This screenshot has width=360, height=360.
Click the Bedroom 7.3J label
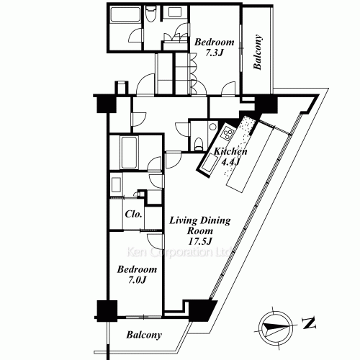point(212,48)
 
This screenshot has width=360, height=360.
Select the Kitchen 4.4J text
point(231,157)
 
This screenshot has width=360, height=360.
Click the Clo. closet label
point(133,214)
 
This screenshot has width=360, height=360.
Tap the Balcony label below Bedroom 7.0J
point(144,336)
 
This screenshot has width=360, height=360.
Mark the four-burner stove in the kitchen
point(228,133)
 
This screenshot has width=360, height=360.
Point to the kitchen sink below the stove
point(210,165)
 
